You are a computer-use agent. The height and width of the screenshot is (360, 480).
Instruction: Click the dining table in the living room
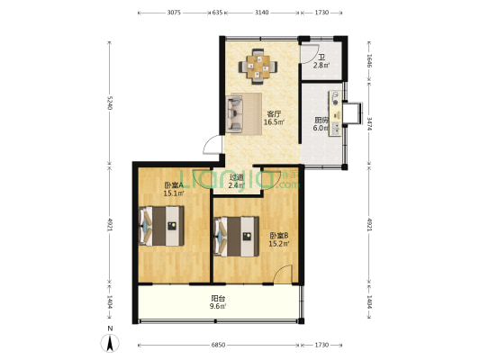point(258,67)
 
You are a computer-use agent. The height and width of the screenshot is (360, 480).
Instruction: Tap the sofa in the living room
point(234,114)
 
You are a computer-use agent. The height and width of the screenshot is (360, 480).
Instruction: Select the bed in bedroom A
point(161,226)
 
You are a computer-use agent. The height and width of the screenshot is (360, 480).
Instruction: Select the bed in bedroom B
point(237,237)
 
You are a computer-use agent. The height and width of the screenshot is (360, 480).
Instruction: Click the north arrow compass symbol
point(110,343)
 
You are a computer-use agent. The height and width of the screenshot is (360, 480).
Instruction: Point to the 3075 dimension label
point(174,13)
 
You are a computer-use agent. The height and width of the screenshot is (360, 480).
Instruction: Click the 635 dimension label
point(217,13)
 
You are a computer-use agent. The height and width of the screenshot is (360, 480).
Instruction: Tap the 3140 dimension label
point(262,13)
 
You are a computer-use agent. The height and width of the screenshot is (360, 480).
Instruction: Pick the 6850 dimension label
point(218,345)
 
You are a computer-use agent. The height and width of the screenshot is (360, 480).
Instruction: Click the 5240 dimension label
point(110,103)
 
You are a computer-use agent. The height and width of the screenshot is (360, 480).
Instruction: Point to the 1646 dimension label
point(369,61)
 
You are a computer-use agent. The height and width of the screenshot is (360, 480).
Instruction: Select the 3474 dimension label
point(369,123)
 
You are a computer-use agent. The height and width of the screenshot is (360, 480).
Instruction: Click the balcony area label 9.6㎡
point(218,306)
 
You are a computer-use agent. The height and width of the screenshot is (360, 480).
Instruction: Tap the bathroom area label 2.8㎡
point(322,65)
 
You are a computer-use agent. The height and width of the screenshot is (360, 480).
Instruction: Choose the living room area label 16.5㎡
point(274,122)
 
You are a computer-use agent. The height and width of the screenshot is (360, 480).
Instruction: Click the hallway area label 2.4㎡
point(237,185)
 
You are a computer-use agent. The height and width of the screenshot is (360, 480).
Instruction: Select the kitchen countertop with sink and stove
point(336,113)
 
